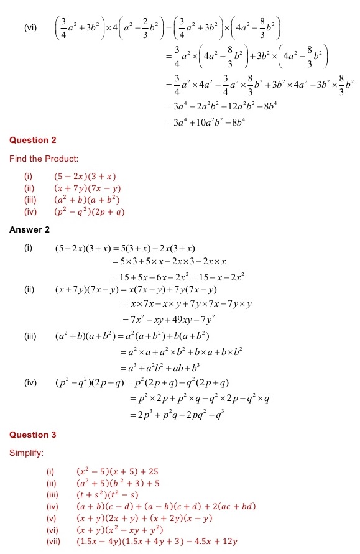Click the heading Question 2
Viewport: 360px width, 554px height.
(33, 141)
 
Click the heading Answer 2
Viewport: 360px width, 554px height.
(30, 230)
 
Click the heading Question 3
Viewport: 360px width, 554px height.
(33, 435)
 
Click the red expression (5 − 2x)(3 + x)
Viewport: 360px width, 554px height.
(85, 177)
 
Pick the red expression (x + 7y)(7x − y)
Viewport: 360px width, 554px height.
(87, 188)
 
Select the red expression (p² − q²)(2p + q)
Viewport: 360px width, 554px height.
(90, 212)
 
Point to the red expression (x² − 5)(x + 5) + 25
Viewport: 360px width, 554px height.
(113, 471)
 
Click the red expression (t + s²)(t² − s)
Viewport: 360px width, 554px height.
(103, 495)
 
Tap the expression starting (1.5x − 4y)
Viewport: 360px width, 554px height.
(157, 542)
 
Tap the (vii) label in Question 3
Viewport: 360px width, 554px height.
(53, 542)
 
